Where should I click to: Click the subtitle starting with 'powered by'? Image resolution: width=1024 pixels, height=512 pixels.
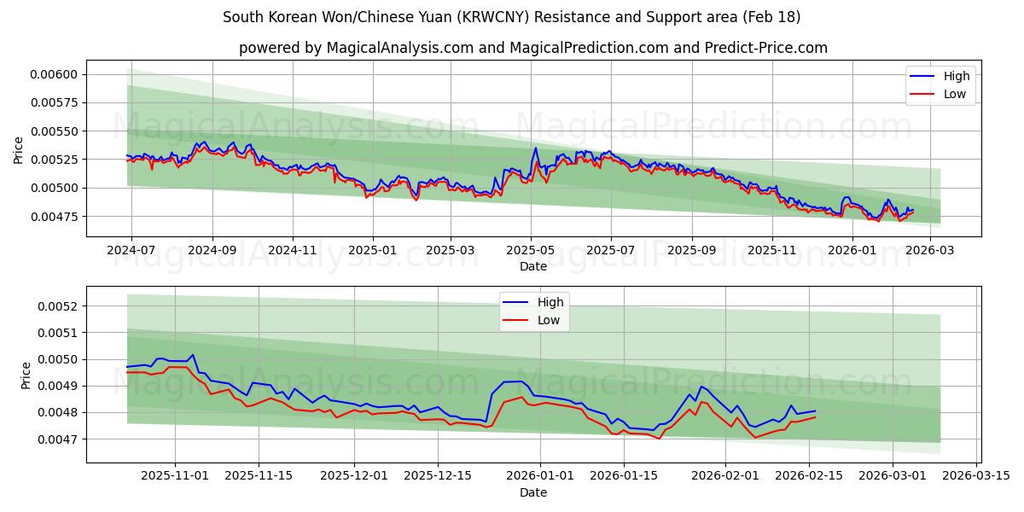tap(532, 48)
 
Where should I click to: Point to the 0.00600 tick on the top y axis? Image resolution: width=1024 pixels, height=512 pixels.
tap(54, 74)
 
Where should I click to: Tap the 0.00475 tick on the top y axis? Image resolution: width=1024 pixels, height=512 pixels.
tap(54, 217)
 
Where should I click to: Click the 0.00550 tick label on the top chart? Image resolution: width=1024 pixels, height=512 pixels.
tap(54, 131)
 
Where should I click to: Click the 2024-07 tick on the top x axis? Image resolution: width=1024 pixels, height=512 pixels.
tap(131, 251)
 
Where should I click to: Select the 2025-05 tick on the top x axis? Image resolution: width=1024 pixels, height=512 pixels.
tap(531, 251)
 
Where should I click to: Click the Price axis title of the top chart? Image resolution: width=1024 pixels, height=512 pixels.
tap(19, 149)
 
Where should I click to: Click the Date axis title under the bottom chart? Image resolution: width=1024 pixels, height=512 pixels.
tap(532, 493)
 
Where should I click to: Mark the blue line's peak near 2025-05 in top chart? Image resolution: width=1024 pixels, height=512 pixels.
tap(536, 148)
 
